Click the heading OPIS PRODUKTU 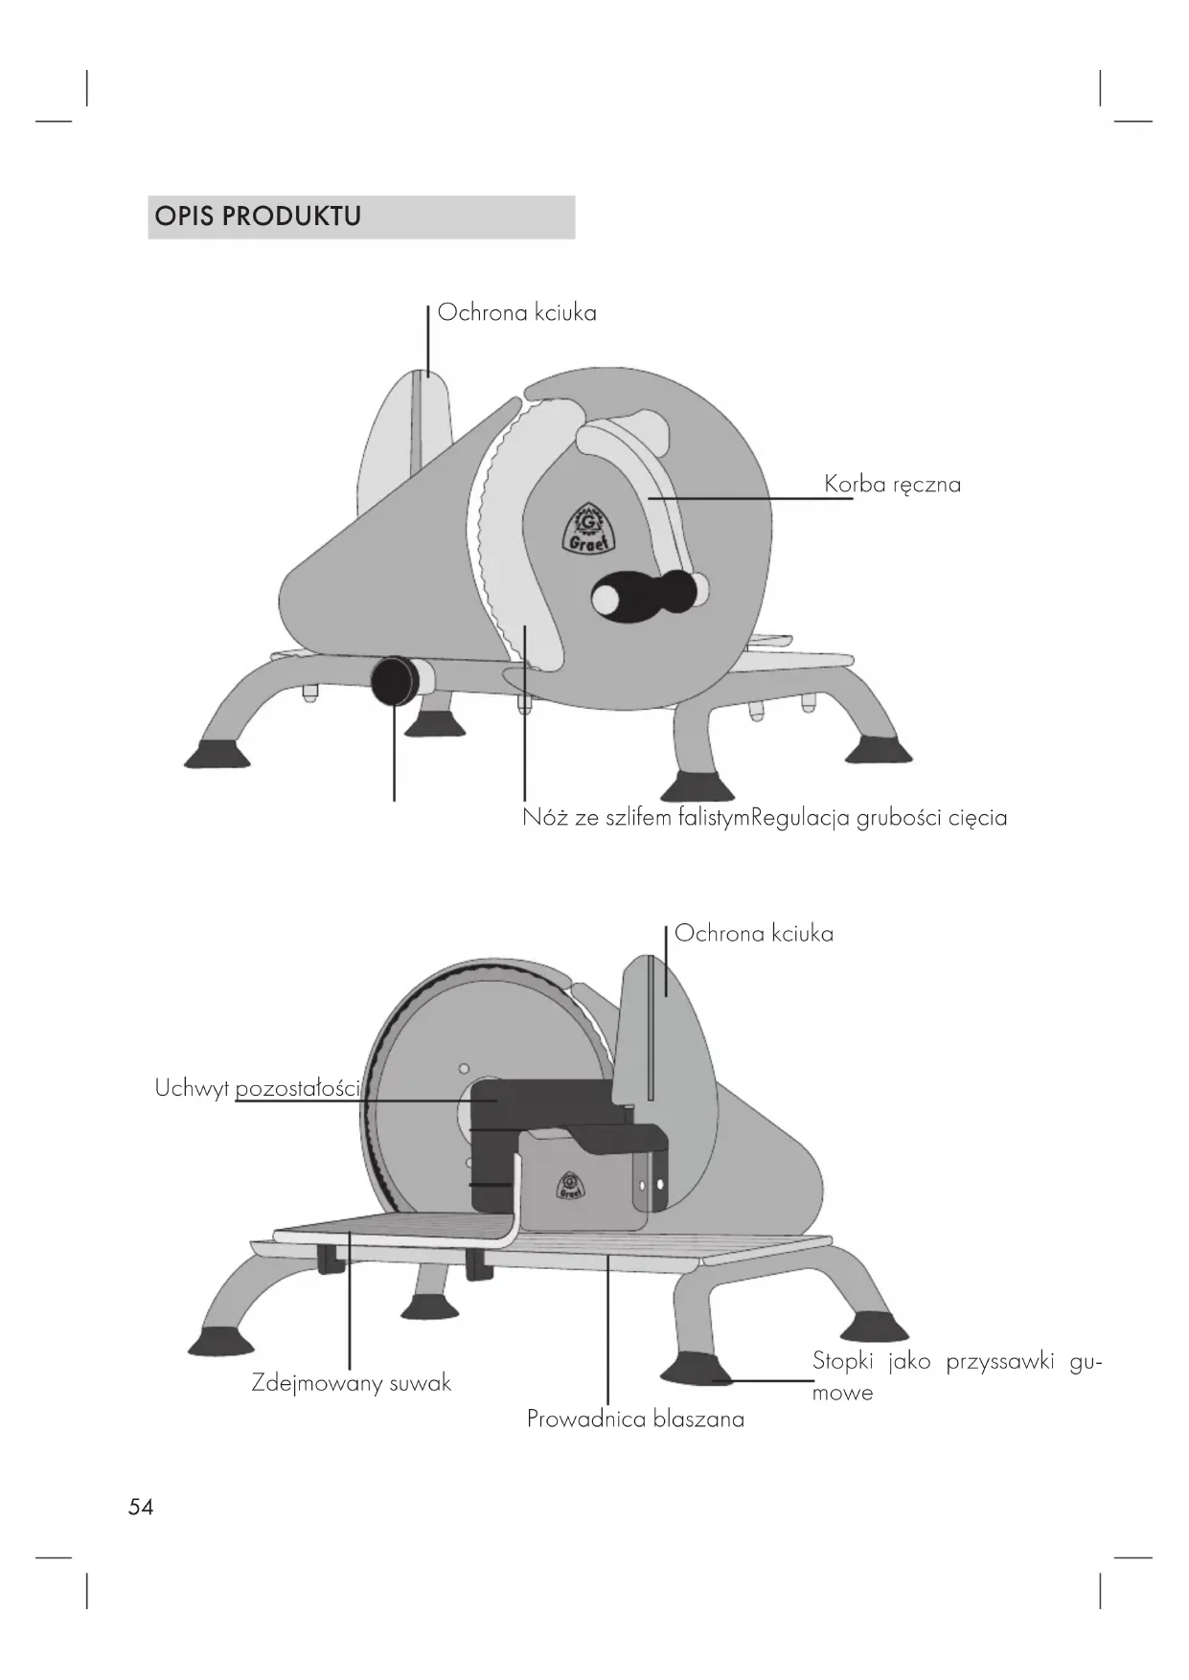pos(258,216)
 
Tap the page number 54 pos(141,1507)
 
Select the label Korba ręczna pos(892,485)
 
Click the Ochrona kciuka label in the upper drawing pos(516,313)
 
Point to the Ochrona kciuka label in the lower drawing pos(753,934)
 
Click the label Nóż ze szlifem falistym pos(635,818)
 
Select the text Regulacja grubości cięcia pos(880,818)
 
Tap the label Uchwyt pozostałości pos(257,1089)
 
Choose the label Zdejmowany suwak pos(351,1383)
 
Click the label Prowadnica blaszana pos(635,1419)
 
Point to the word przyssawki pos(999,1362)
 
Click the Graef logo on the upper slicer pos(584,530)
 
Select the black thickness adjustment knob pos(391,680)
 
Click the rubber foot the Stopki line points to pos(697,1368)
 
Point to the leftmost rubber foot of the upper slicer pos(217,754)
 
